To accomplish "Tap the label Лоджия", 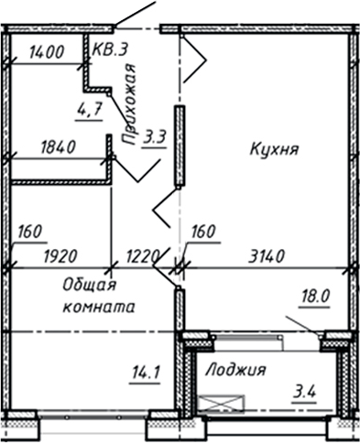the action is (235, 370).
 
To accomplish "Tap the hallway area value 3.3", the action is (156, 139).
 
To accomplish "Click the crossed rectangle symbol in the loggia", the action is (228, 403).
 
